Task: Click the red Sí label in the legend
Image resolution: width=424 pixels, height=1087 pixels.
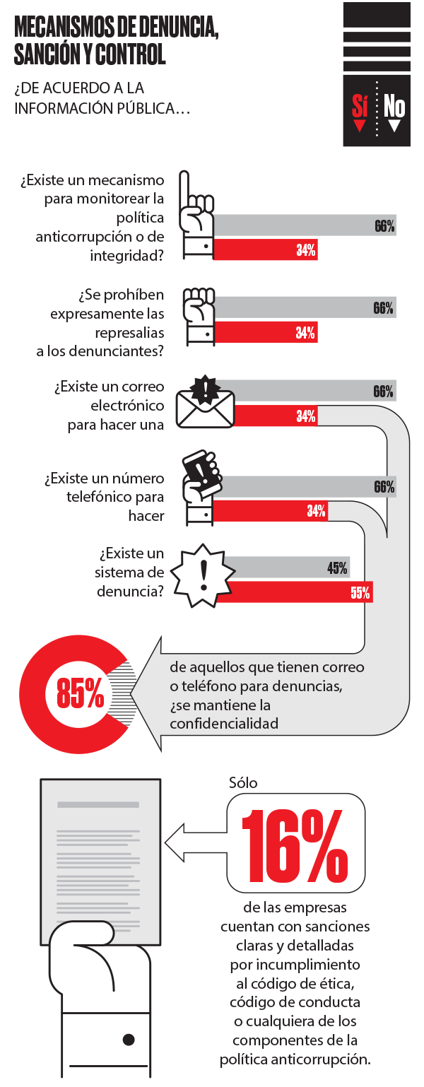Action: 360,105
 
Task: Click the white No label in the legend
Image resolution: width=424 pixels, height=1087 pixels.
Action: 394,105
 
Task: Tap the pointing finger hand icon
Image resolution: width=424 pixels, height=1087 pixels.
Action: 196,215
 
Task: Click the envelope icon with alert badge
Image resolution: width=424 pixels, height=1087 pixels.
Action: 205,402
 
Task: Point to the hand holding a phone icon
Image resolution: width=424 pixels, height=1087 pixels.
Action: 201,488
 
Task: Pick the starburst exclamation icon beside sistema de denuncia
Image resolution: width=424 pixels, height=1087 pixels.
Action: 203,576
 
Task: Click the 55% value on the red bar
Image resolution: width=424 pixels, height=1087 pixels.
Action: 360,592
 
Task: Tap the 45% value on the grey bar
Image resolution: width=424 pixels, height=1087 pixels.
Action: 337,568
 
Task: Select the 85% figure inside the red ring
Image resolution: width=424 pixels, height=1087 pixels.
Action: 80,693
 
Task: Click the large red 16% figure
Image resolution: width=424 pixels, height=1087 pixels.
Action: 295,846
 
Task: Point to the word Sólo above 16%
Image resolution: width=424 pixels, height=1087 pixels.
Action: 243,782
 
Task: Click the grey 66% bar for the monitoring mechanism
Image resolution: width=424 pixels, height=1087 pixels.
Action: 305,225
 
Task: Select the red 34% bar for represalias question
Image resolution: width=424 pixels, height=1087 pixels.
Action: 266,332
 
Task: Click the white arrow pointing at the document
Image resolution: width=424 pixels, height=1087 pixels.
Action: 196,842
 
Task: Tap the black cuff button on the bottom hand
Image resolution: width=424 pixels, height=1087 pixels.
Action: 129,1040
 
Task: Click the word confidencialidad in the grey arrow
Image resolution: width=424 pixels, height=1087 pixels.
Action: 224,724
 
